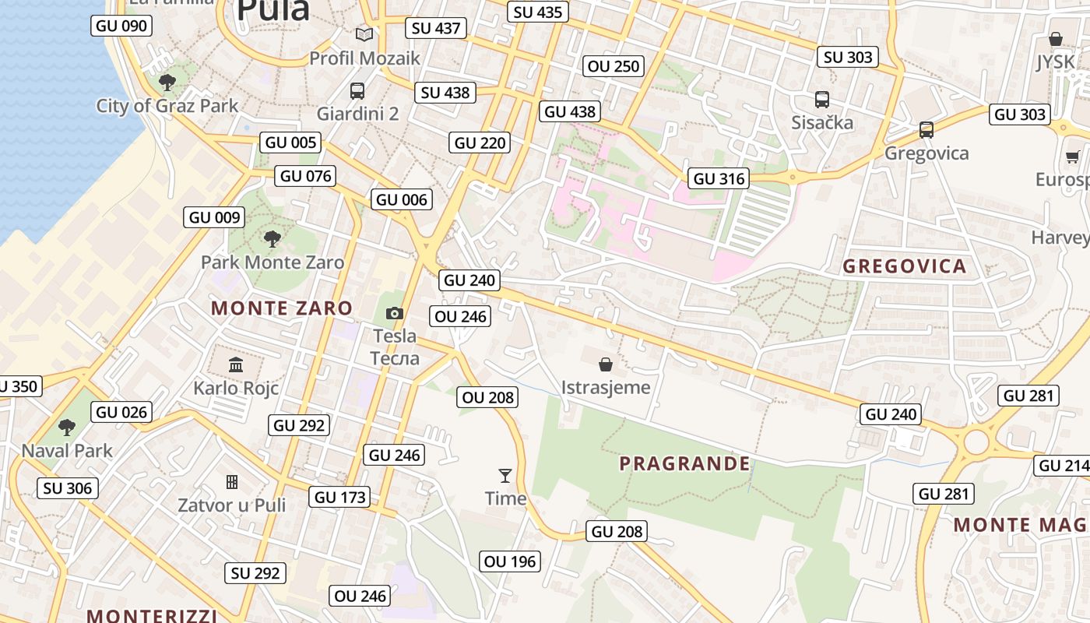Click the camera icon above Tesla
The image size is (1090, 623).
[395, 313]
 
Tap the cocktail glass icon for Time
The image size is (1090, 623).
[505, 475]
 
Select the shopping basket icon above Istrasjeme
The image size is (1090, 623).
[605, 364]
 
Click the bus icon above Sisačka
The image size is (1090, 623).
[821, 99]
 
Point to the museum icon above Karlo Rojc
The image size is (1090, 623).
[235, 364]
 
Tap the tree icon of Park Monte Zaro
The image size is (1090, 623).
[272, 239]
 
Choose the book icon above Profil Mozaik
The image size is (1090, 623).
[364, 34]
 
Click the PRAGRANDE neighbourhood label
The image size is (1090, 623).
[684, 464]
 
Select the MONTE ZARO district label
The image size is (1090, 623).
[282, 308]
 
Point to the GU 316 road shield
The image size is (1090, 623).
[719, 178]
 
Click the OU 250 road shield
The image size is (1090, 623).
[614, 66]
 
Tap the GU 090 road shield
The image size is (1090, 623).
[121, 26]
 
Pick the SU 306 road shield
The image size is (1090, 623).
[68, 488]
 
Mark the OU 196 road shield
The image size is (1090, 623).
[510, 561]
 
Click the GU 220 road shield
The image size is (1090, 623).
[480, 143]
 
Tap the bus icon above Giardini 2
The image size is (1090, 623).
[357, 90]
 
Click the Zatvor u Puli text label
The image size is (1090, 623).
[232, 505]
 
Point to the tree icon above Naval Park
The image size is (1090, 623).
[67, 427]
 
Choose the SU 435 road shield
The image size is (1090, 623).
[538, 12]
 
